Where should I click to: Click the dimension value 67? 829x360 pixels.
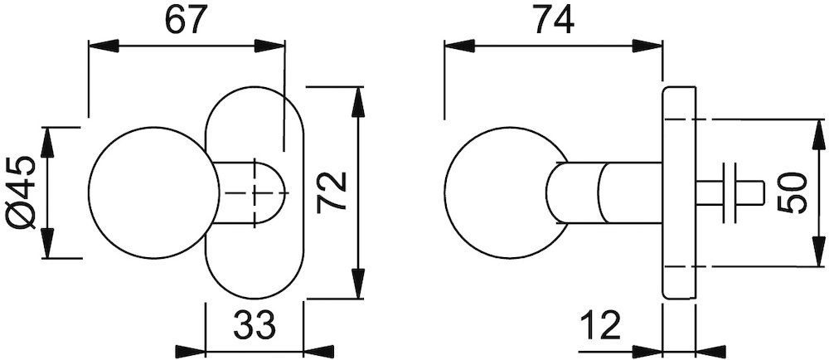click(x=185, y=21)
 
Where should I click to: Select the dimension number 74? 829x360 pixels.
click(x=553, y=20)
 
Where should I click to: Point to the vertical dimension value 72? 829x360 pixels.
click(x=332, y=192)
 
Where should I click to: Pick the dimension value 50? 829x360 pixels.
click(x=792, y=192)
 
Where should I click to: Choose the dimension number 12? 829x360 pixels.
click(x=600, y=326)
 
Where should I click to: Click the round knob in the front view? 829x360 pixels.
click(x=154, y=192)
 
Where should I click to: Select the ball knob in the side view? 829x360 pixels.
click(x=507, y=192)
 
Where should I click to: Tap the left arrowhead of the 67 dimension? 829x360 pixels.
click(x=103, y=46)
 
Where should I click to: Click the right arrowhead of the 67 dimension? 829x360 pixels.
click(x=269, y=46)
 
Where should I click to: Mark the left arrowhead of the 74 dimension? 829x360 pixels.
click(x=459, y=46)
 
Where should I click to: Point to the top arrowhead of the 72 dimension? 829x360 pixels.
click(x=358, y=102)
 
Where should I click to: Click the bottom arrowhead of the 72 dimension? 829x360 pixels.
click(x=358, y=284)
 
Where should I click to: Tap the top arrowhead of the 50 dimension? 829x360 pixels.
click(x=819, y=134)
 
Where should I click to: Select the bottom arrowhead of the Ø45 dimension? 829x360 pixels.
click(x=47, y=243)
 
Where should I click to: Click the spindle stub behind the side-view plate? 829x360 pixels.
click(x=730, y=192)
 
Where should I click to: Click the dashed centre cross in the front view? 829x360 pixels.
click(x=256, y=193)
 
